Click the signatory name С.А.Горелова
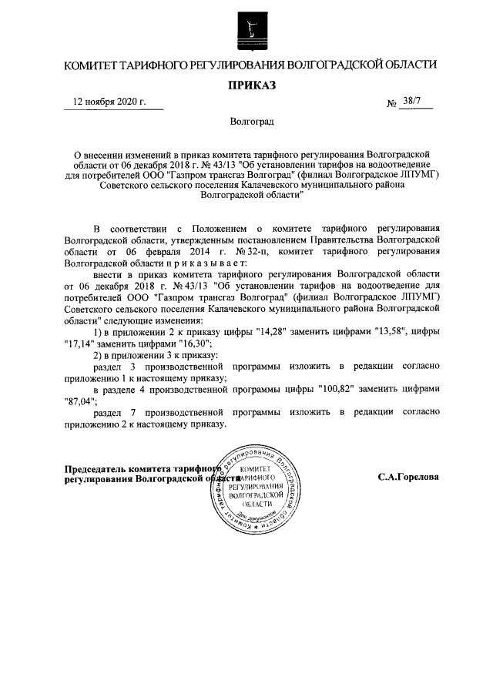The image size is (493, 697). [x=409, y=477]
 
